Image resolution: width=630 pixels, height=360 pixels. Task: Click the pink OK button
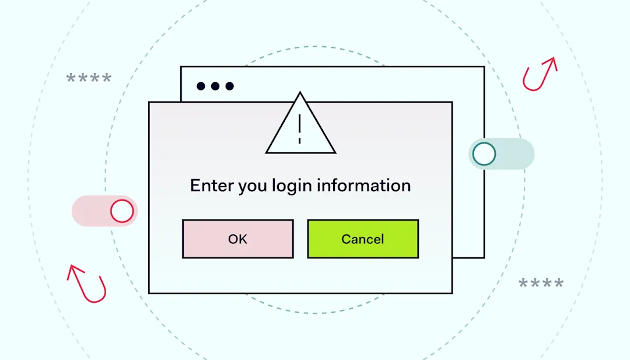pyautogui.click(x=237, y=239)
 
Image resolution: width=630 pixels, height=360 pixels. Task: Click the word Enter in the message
pyautogui.click(x=211, y=186)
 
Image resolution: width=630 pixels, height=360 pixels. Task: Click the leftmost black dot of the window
pyautogui.click(x=201, y=86)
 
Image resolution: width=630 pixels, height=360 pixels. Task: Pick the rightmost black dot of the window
pyautogui.click(x=230, y=86)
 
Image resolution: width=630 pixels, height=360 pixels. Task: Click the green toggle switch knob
pyautogui.click(x=484, y=154)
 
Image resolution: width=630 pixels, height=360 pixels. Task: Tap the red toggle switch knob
pyautogui.click(x=122, y=211)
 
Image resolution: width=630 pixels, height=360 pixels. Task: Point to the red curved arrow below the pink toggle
pyautogui.click(x=88, y=285)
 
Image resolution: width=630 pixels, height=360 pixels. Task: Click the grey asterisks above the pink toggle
pyautogui.click(x=89, y=78)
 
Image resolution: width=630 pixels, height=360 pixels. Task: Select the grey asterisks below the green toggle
pyautogui.click(x=541, y=284)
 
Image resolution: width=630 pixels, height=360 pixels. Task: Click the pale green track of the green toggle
pyautogui.click(x=516, y=154)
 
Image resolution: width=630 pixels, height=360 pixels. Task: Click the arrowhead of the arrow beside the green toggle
pyautogui.click(x=551, y=62)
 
